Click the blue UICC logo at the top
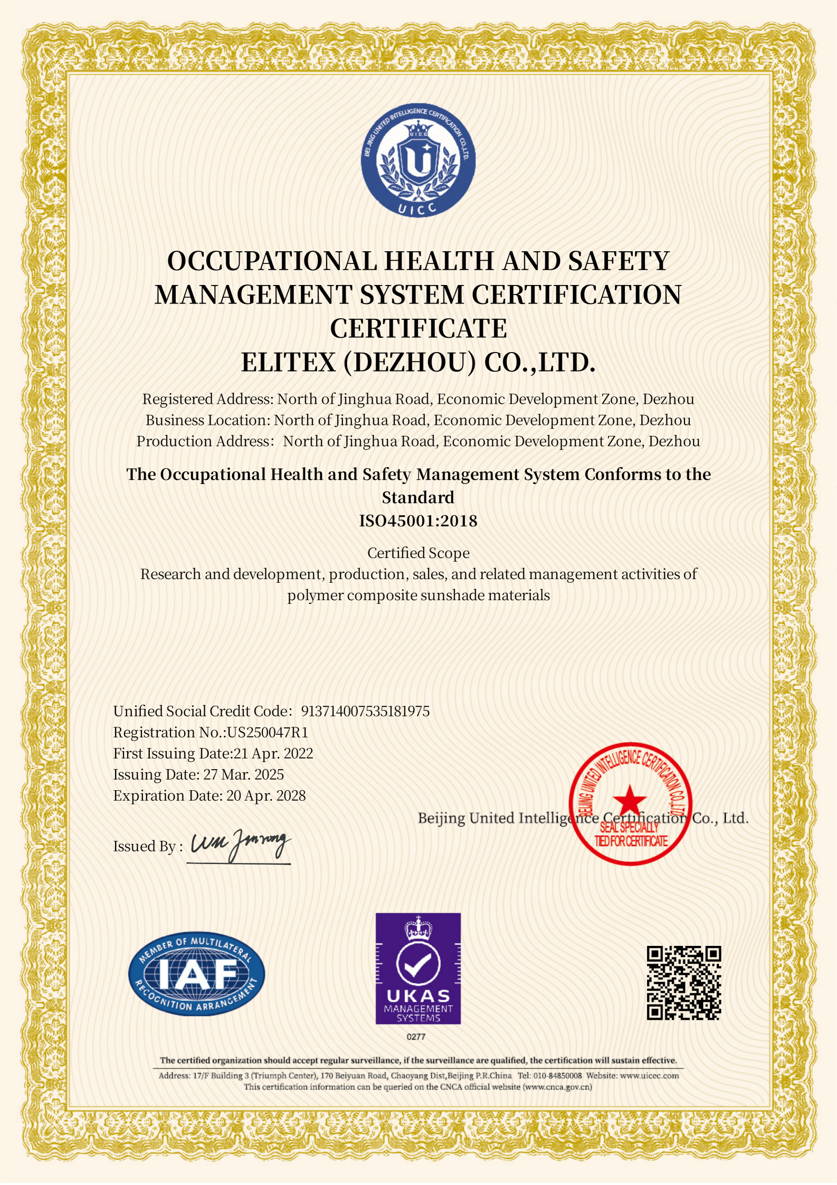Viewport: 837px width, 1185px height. click(x=418, y=159)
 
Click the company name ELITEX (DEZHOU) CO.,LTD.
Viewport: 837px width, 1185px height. click(x=418, y=363)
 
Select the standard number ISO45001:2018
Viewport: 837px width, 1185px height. click(x=418, y=521)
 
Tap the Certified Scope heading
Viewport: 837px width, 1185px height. click(x=418, y=553)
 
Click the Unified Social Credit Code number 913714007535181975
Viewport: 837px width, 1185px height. click(x=365, y=711)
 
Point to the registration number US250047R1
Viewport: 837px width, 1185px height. click(x=268, y=732)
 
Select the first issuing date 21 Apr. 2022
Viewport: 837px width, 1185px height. click(x=273, y=753)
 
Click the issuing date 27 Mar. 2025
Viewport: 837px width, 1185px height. click(x=244, y=774)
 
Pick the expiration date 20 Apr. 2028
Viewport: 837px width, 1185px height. click(x=266, y=795)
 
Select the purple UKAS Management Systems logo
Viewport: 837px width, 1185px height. click(x=418, y=968)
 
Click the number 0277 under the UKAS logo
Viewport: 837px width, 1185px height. click(x=416, y=1037)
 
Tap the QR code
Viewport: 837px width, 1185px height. click(x=684, y=983)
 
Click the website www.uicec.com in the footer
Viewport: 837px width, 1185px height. click(x=649, y=1076)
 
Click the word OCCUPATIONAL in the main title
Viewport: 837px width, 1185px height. click(x=272, y=261)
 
